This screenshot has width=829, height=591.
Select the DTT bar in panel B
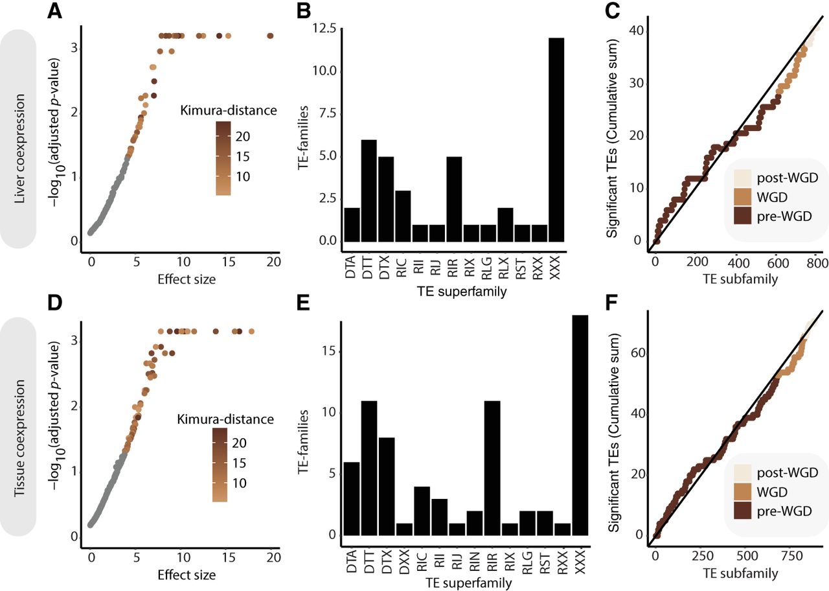click(x=368, y=191)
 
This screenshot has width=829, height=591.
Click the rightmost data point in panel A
click(x=271, y=36)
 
